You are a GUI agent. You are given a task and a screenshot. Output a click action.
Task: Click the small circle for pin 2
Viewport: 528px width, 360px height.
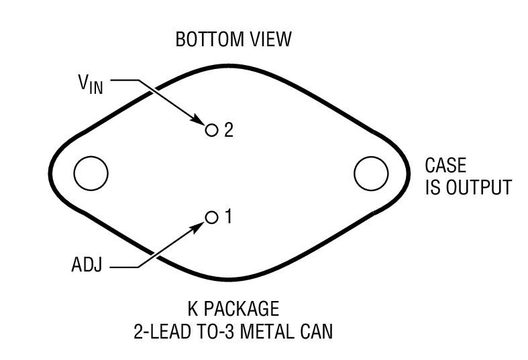pyautogui.click(x=212, y=129)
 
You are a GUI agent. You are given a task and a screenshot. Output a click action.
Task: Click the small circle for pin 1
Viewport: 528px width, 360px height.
pyautogui.click(x=212, y=217)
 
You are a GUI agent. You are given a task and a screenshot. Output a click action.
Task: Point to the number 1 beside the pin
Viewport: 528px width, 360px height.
pyautogui.click(x=228, y=217)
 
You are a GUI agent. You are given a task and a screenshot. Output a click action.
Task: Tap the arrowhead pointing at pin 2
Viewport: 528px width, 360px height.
pyautogui.click(x=201, y=122)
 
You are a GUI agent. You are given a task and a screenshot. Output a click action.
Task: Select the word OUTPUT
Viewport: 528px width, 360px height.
pyautogui.click(x=477, y=187)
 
